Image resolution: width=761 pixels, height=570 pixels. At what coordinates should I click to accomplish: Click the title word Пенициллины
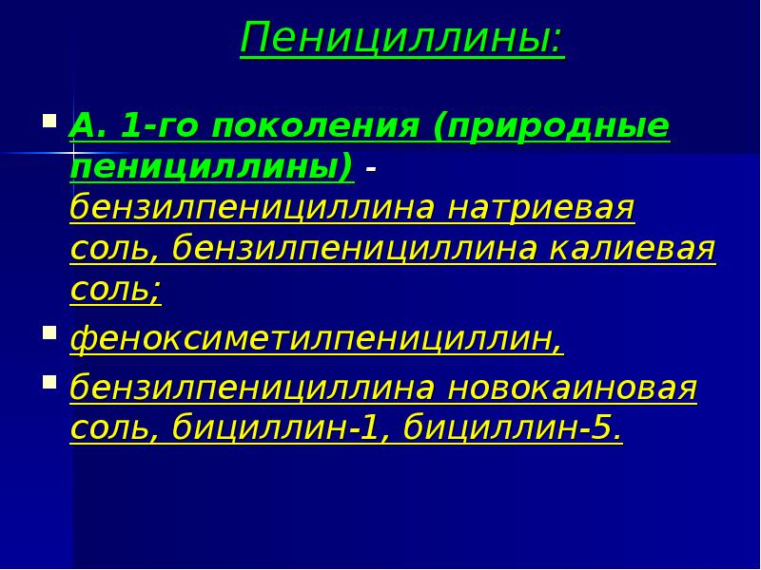pos(400,39)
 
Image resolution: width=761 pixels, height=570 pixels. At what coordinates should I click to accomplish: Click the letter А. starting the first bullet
pos(86,126)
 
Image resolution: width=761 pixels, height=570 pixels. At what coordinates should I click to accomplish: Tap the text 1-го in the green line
pos(158,126)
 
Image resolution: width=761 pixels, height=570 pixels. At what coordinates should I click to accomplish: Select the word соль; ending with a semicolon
pos(115,289)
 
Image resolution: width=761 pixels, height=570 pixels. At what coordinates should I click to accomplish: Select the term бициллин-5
pos(514,430)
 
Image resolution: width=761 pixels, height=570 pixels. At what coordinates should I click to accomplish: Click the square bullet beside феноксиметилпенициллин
pos(49,333)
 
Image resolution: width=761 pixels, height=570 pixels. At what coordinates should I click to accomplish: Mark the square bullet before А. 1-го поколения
pos(49,122)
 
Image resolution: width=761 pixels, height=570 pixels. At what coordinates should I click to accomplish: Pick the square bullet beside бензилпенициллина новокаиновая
pos(49,384)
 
